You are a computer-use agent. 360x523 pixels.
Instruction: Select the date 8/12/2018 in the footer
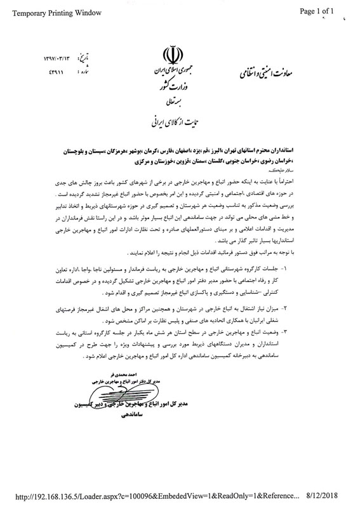(333, 510)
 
